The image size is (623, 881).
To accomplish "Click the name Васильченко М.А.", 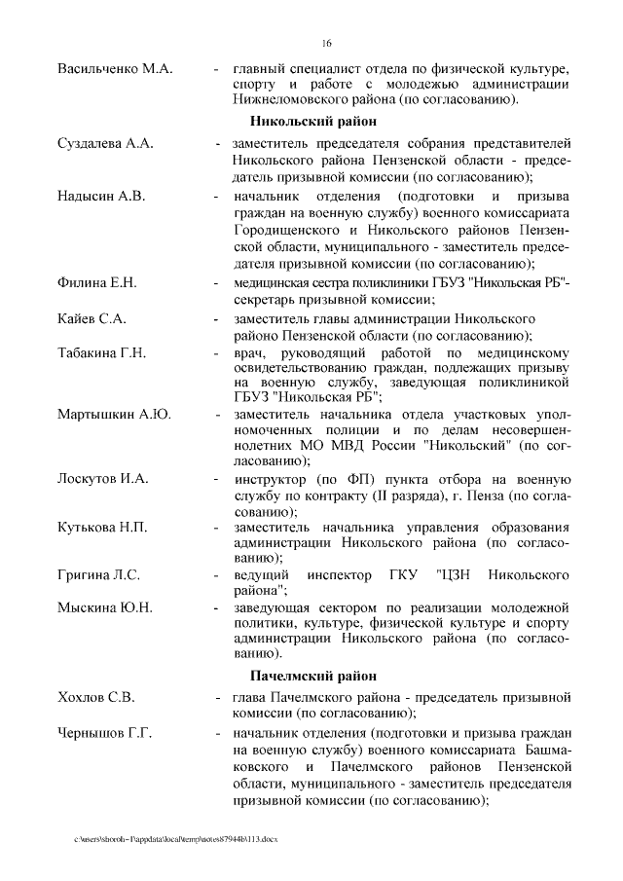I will coord(115,68).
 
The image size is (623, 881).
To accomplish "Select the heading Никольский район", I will coord(312,122).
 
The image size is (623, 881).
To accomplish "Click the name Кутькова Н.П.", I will coord(103,528).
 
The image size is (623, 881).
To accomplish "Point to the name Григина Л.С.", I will coord(98,574).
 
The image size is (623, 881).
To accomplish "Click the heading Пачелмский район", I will coord(312,675).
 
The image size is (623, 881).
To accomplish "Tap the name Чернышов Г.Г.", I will coord(105,732).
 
